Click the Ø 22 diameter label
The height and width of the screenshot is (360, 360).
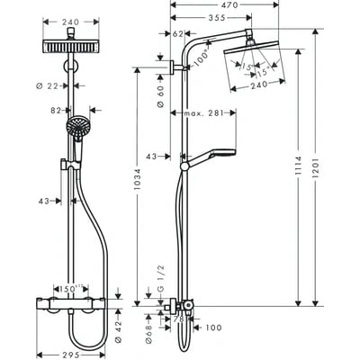pyautogui.click(x=52, y=85)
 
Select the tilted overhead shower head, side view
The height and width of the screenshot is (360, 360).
pyautogui.click(x=255, y=53)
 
